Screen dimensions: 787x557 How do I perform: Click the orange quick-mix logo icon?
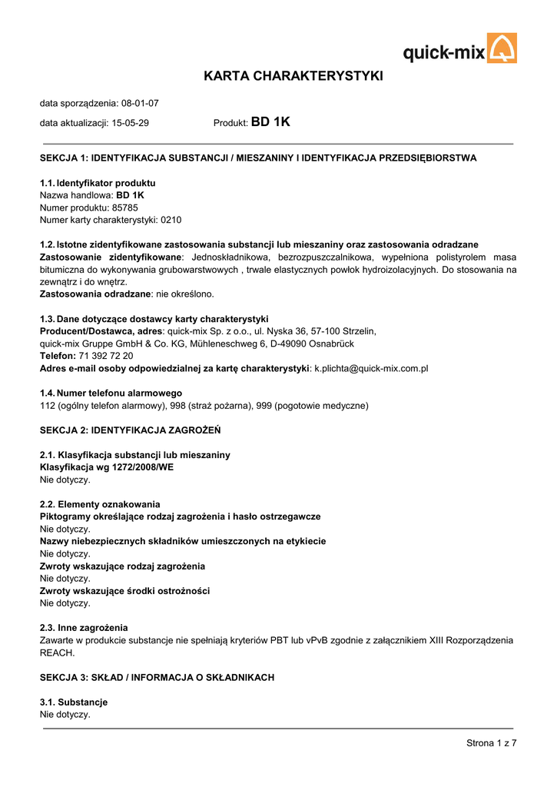click(502, 48)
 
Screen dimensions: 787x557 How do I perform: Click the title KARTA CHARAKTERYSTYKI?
click(293, 76)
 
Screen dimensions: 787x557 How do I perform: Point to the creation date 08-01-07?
click(140, 103)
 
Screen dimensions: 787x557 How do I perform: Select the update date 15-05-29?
click(131, 123)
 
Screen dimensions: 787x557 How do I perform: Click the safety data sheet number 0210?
click(171, 220)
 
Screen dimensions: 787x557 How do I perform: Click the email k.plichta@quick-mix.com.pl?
click(371, 368)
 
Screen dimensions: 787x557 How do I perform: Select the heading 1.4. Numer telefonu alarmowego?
click(111, 393)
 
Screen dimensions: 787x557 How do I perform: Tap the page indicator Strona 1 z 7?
click(492, 742)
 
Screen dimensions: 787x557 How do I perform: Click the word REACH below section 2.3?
click(58, 653)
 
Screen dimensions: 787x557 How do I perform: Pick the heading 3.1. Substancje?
click(74, 702)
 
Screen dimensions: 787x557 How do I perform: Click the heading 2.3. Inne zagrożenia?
click(84, 628)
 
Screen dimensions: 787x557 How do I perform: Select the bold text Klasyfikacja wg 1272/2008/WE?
click(106, 467)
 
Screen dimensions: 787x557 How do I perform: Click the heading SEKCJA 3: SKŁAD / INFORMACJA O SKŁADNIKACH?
click(157, 677)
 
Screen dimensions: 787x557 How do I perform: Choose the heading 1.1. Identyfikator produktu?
click(98, 183)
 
